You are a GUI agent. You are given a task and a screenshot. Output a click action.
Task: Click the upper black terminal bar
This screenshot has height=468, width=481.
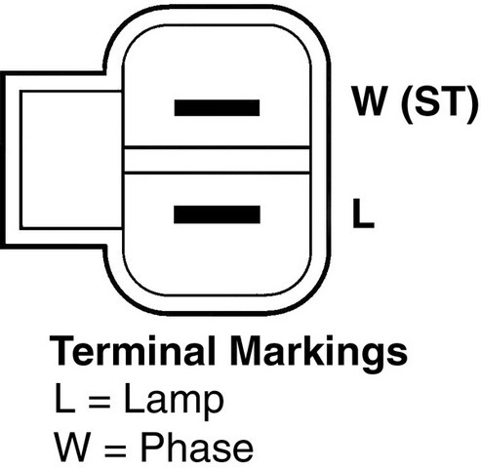pyautogui.click(x=217, y=108)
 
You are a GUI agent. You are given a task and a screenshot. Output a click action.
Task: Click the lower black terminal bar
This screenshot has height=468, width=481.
pyautogui.click(x=217, y=214)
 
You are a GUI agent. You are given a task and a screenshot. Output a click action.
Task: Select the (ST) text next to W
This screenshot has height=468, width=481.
pyautogui.click(x=440, y=103)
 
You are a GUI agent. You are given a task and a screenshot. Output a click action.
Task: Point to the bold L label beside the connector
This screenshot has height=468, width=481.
pyautogui.click(x=363, y=213)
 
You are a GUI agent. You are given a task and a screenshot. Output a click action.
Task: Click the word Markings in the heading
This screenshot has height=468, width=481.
pyautogui.click(x=319, y=354)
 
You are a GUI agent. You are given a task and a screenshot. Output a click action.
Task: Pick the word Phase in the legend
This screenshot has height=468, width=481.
pyautogui.click(x=197, y=447)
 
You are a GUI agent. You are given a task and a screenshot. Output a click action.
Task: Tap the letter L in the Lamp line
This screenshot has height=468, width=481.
pyautogui.click(x=65, y=398)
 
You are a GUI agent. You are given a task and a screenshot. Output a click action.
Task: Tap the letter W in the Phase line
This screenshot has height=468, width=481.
pyautogui.click(x=71, y=447)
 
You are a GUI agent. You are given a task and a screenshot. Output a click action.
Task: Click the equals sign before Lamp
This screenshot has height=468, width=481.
pyautogui.click(x=100, y=402)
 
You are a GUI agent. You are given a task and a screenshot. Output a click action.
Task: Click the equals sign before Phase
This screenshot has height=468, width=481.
pyautogui.click(x=115, y=449)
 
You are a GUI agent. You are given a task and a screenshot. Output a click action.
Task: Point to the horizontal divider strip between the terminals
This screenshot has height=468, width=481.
pyautogui.click(x=217, y=160)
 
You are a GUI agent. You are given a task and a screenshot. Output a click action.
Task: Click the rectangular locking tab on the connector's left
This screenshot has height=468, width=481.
pyautogui.click(x=61, y=160)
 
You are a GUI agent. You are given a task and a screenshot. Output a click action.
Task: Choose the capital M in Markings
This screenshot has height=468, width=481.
pyautogui.click(x=247, y=351)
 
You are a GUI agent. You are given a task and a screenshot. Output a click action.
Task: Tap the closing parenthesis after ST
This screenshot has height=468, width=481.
pyautogui.click(x=473, y=104)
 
